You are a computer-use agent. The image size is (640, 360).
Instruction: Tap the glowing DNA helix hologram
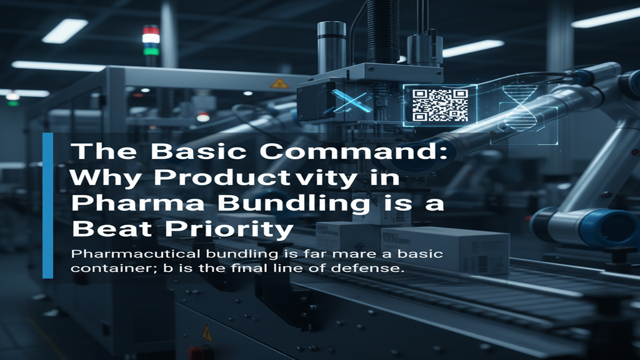516,107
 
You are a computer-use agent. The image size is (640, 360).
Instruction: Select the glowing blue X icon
352,100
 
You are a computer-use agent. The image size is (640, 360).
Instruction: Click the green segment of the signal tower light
150,52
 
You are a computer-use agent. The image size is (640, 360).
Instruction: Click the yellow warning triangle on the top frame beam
278,83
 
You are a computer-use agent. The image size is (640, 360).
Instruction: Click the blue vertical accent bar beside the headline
48,205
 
